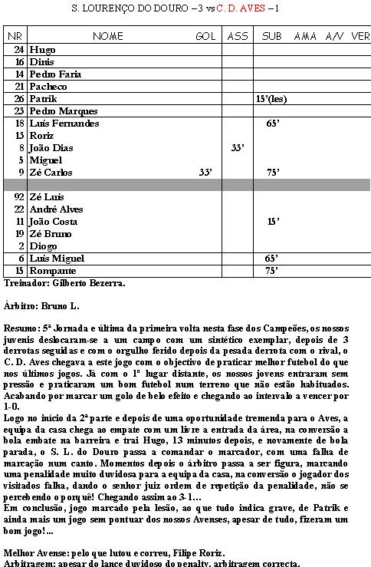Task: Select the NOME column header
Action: click(107, 36)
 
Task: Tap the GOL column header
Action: click(205, 36)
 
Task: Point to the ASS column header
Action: click(238, 36)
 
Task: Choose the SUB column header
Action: click(271, 36)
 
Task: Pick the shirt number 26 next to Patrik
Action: click(19, 99)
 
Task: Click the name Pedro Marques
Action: click(57, 111)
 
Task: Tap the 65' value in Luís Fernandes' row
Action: click(272, 123)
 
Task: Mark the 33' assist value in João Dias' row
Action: click(238, 147)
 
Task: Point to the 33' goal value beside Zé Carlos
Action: click(205, 173)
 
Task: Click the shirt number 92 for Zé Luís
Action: click(19, 197)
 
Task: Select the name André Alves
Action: click(55, 209)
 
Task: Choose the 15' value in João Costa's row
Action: click(273, 222)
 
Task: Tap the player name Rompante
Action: click(50, 271)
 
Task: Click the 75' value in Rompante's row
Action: click(271, 271)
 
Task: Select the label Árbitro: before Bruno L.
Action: click(21, 305)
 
